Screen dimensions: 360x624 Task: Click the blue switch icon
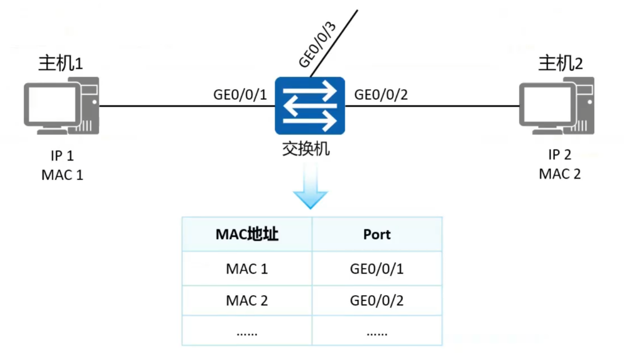coord(309,106)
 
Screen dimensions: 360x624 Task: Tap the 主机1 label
coord(61,63)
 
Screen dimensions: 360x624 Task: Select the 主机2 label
coord(560,63)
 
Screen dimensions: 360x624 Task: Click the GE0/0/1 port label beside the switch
coord(240,95)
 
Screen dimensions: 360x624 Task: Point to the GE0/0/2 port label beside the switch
coord(381,95)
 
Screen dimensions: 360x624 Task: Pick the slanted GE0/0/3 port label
coord(317,45)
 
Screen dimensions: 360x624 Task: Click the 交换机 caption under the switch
coord(306,149)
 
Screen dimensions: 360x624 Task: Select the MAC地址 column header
coord(247,234)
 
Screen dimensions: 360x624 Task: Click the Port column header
coord(377,234)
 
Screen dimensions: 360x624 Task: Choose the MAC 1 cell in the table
coord(247,269)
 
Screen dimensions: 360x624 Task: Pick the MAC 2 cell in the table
coord(247,301)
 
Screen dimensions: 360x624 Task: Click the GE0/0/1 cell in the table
coord(376,269)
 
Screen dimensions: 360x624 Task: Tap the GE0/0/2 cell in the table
coord(376,301)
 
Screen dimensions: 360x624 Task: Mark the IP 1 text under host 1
coord(62,156)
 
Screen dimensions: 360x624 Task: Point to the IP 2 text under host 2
coord(560,155)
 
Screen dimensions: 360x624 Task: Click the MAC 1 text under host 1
coord(62,175)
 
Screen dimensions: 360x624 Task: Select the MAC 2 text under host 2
coord(560,174)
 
